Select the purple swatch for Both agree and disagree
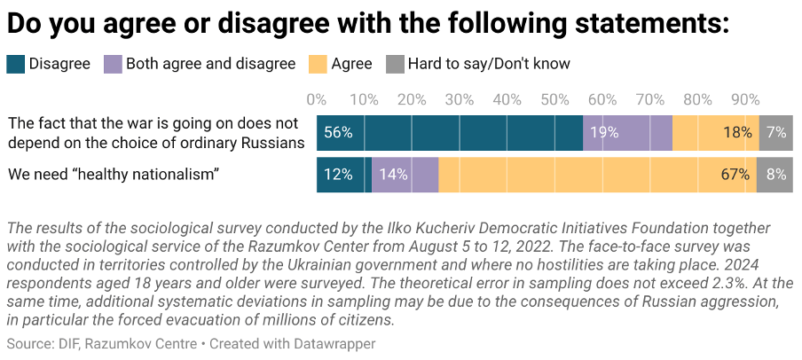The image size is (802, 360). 113,64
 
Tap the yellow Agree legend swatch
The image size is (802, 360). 317,64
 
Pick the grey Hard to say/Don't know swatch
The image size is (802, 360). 394,64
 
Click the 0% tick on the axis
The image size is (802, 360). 316,98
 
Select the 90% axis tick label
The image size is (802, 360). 745,98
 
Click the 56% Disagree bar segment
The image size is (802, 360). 450,132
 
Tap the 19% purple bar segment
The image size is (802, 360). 627,132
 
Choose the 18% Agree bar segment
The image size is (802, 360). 715,132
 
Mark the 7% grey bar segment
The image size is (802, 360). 776,132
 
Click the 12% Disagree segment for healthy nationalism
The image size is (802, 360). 344,175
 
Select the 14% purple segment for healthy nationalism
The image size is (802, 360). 405,175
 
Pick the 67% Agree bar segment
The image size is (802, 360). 597,175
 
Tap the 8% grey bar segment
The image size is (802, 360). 774,175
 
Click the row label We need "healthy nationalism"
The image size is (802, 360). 114,175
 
